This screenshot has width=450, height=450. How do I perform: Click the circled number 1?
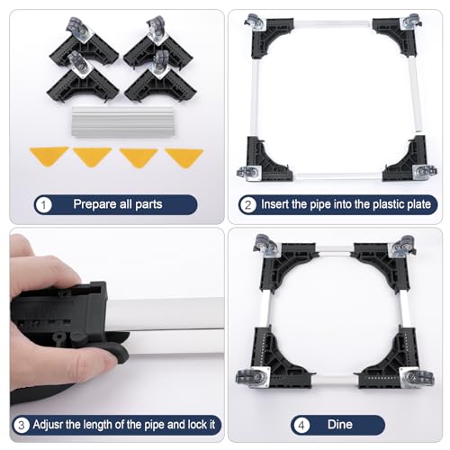(x=43, y=205)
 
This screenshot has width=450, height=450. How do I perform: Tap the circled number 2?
(x=247, y=205)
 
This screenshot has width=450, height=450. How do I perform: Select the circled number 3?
(x=22, y=425)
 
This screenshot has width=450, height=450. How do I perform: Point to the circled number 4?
(x=301, y=425)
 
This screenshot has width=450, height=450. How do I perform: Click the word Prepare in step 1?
(x=95, y=204)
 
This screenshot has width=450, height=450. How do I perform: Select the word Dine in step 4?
(x=340, y=425)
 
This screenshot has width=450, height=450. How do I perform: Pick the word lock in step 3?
(x=197, y=425)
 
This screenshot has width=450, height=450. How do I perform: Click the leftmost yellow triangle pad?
(x=49, y=156)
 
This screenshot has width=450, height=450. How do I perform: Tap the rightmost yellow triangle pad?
(x=184, y=157)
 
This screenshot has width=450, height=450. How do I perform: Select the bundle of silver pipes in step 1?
(x=123, y=121)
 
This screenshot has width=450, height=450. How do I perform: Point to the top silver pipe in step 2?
(x=333, y=23)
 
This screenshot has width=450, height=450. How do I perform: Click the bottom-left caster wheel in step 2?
(x=247, y=174)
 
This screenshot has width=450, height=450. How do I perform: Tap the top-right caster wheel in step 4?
(x=406, y=246)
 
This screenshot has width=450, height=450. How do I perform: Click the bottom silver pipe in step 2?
(x=337, y=176)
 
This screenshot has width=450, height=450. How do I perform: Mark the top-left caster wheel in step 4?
(x=264, y=244)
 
